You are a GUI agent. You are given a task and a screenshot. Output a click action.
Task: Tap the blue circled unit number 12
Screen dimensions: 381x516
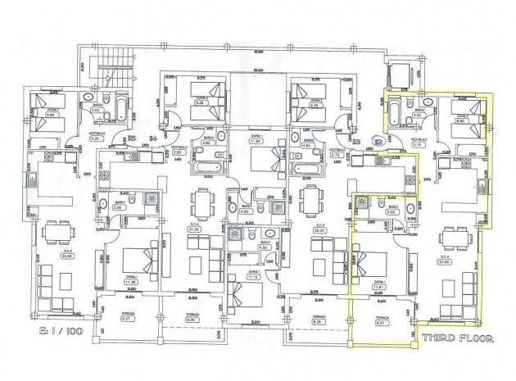(x=378, y=142)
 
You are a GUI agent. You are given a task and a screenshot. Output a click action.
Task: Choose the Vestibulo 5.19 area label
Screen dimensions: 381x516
(x=419, y=141)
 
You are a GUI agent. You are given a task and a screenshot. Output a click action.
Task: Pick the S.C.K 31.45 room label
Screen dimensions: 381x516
(x=194, y=228)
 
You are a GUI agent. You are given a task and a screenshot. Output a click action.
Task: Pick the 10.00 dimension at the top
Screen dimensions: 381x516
(x=258, y=70)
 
